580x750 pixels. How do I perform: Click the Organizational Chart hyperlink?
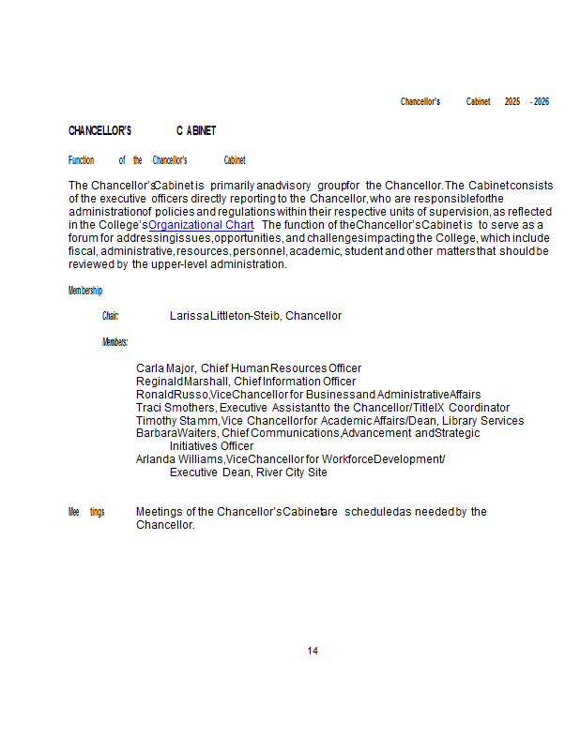click(201, 225)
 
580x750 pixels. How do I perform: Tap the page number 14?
click(313, 651)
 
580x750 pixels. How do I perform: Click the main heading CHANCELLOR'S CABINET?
click(142, 130)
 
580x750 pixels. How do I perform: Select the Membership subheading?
click(85, 291)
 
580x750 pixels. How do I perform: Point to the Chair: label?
click(110, 316)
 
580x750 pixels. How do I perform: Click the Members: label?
click(114, 342)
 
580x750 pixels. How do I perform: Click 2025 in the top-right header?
click(511, 101)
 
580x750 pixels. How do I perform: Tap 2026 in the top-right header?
click(542, 101)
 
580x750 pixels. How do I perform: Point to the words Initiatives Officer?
click(211, 446)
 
